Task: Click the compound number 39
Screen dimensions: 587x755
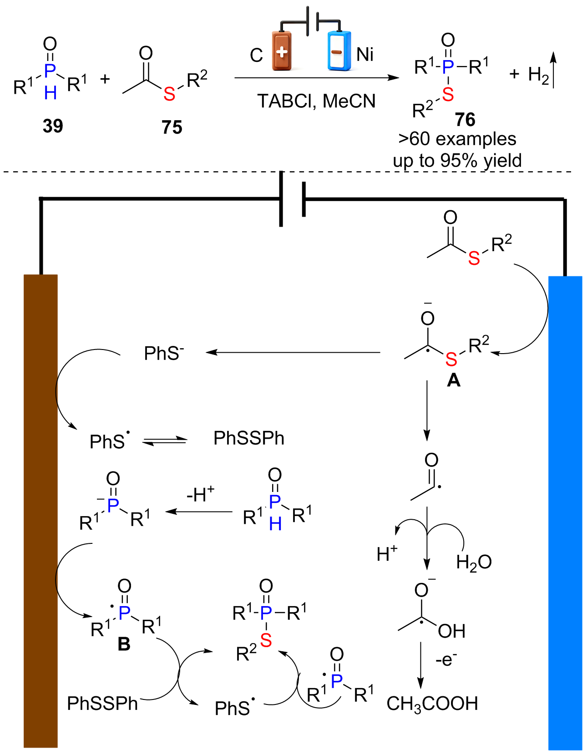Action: click(53, 126)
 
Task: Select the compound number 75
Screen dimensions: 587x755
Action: click(172, 127)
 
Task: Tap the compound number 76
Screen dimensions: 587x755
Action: click(465, 120)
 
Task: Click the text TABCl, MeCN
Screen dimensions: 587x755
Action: click(316, 101)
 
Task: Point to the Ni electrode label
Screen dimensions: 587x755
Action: click(364, 55)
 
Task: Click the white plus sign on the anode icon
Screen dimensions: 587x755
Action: click(282, 52)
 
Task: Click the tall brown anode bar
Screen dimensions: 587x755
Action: click(40, 511)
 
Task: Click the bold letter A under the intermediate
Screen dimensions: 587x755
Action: click(454, 381)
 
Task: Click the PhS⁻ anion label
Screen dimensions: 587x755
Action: click(164, 353)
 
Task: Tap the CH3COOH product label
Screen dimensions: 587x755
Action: click(432, 704)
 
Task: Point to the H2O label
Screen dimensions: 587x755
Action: click(474, 562)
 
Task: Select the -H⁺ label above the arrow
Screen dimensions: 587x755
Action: click(201, 494)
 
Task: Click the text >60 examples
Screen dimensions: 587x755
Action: click(457, 139)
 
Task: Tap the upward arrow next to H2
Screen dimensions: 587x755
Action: click(554, 70)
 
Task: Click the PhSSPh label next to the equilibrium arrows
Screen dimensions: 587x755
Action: click(249, 438)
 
